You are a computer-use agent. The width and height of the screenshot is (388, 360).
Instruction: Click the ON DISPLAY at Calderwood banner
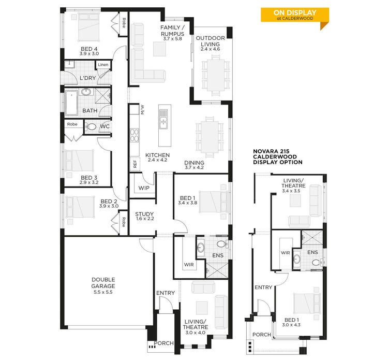click(x=295, y=15)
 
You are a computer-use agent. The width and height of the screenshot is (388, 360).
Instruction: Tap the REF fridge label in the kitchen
click(x=135, y=164)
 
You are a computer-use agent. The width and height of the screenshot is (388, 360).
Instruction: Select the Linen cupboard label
click(x=103, y=65)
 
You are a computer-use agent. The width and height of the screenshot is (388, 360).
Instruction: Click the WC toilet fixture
click(x=91, y=127)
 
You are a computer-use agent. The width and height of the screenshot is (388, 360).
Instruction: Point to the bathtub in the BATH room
click(x=71, y=103)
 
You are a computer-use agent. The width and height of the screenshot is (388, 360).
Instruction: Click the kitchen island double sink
click(x=163, y=119)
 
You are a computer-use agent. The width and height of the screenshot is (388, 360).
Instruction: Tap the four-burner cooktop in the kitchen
click(x=135, y=135)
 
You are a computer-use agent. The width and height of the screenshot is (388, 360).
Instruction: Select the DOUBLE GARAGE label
click(x=103, y=283)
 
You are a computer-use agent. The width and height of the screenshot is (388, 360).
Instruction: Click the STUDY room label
click(x=144, y=214)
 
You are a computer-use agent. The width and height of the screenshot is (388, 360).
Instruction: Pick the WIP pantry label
click(x=144, y=188)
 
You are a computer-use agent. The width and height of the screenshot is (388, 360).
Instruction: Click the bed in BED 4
click(x=88, y=27)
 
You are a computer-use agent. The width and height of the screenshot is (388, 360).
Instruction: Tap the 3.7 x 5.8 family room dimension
click(x=172, y=39)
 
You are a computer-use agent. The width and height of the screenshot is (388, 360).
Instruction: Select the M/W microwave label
click(x=142, y=110)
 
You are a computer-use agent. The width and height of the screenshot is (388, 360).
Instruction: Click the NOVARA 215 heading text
click(x=271, y=151)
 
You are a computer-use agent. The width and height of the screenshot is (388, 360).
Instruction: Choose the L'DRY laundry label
click(x=87, y=78)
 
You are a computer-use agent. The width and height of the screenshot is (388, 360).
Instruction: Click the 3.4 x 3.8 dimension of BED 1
click(x=188, y=203)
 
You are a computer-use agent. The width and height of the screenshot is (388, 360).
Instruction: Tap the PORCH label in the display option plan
click(x=262, y=335)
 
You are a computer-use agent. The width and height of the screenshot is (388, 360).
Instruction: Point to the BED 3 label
click(x=89, y=178)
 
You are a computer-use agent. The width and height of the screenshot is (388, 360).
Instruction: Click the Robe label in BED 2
click(x=124, y=222)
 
